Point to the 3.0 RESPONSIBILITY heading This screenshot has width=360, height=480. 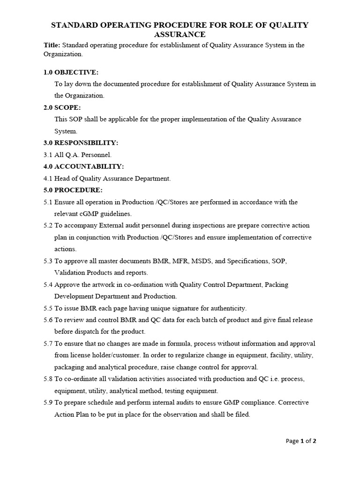(80, 142)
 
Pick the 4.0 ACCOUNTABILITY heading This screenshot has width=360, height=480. (83, 166)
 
